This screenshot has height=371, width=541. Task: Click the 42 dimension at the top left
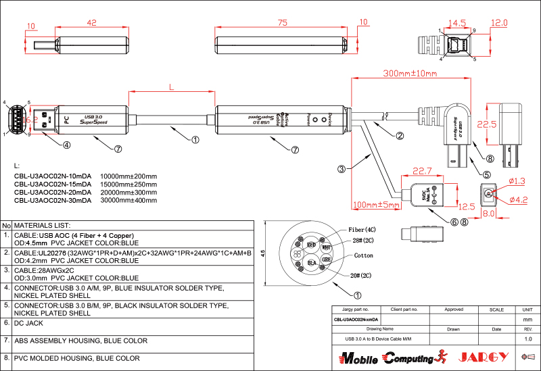click(x=92, y=22)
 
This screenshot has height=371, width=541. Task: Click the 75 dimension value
click(x=283, y=22)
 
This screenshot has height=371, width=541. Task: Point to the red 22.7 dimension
click(x=422, y=172)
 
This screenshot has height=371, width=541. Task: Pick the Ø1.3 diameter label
click(x=515, y=180)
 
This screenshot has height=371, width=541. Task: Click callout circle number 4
click(x=66, y=144)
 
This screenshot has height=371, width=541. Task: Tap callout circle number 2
click(x=400, y=135)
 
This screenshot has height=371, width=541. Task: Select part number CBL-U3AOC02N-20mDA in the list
click(x=52, y=192)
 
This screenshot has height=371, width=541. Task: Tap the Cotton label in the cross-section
click(x=363, y=256)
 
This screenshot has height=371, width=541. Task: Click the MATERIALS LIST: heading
click(x=42, y=225)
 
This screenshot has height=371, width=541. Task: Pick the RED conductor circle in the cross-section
click(x=311, y=244)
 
